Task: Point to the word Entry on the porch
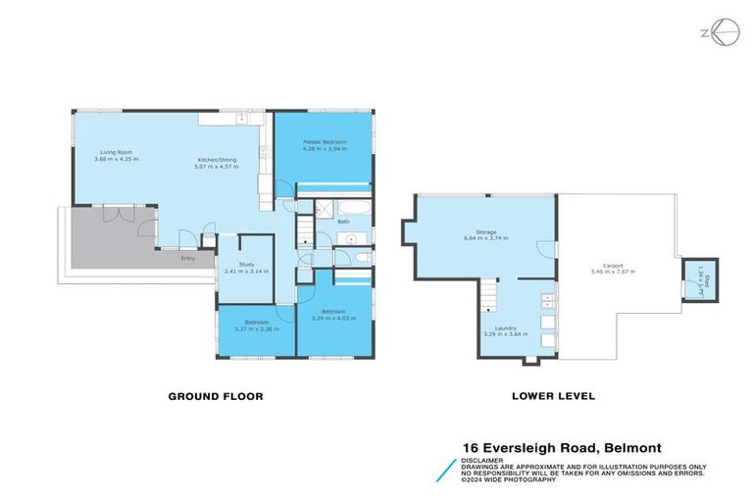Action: (x=187, y=258)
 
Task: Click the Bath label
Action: (x=343, y=222)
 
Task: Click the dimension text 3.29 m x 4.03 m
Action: (x=335, y=319)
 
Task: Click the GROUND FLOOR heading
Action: (x=215, y=397)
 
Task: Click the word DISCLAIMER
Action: (x=485, y=458)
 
